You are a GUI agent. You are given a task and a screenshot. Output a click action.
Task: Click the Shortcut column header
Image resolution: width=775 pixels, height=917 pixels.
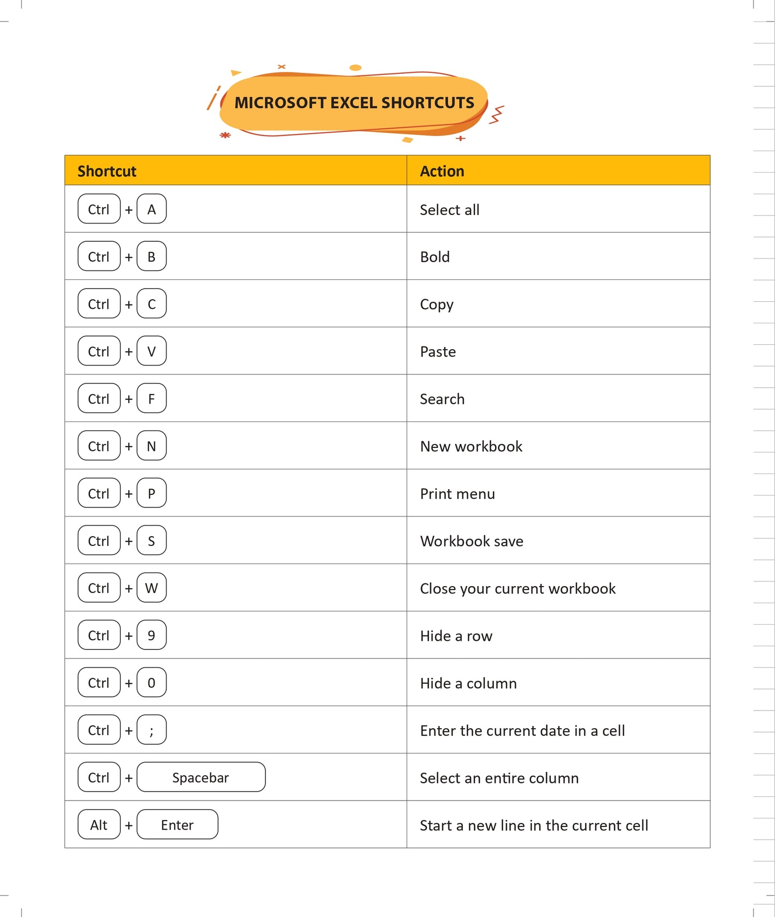coord(107,171)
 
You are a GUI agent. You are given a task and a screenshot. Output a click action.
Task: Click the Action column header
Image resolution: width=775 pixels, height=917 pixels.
coord(442,171)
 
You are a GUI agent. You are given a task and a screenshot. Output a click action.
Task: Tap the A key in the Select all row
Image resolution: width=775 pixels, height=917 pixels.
coord(152,209)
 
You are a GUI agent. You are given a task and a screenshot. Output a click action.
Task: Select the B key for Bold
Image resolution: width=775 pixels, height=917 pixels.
coord(152,256)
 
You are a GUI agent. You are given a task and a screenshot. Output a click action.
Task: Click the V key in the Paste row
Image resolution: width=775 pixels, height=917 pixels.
coord(152,351)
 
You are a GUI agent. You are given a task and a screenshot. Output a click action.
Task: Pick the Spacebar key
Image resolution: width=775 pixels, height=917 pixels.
coord(201,777)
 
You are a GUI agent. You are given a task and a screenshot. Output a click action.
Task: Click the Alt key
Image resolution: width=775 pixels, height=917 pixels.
coord(99,824)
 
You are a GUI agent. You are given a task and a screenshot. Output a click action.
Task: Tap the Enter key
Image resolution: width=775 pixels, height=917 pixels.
coord(177,824)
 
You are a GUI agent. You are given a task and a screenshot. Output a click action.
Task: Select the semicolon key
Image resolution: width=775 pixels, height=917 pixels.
coord(152,730)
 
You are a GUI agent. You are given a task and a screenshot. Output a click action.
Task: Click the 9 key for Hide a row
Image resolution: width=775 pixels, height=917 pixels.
coord(152,635)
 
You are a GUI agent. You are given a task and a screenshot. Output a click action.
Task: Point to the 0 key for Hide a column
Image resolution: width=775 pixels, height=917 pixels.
coord(152,682)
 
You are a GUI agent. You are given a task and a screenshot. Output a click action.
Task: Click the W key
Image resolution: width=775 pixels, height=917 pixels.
coord(152,588)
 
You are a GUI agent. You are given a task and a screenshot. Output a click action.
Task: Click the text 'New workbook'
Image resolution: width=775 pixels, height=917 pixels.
coord(471,446)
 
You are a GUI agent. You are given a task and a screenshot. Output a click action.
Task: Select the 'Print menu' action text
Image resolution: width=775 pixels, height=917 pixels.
coord(457,493)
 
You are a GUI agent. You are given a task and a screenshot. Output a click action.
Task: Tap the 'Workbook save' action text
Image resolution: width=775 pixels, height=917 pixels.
coord(471,541)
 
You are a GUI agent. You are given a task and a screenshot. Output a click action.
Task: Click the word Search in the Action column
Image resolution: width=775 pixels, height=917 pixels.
coord(442,399)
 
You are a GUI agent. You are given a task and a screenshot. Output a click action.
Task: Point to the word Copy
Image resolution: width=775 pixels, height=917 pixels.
coord(437,304)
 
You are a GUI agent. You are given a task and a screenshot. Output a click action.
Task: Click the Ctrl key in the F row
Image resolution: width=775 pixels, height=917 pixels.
coord(99,398)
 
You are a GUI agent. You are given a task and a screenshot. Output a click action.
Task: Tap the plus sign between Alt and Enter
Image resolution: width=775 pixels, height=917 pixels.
coord(129,825)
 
